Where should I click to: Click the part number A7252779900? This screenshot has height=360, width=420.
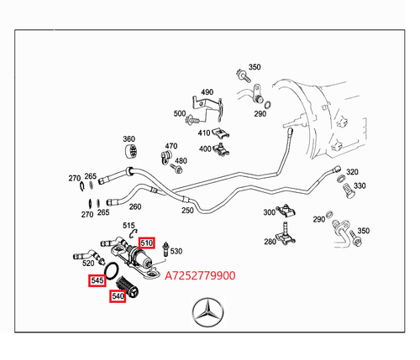click(x=200, y=274)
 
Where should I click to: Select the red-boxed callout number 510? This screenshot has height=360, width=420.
click(x=147, y=243)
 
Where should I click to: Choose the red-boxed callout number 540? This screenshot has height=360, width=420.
click(x=117, y=295)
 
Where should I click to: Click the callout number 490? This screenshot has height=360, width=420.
click(x=207, y=92)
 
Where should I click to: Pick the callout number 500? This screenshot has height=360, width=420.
click(x=180, y=113)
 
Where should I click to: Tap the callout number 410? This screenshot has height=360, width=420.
click(x=204, y=133)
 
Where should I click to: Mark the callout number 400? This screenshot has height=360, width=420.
click(x=204, y=149)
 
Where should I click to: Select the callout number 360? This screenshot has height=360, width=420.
click(x=129, y=139)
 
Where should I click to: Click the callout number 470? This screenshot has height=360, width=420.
click(x=171, y=146)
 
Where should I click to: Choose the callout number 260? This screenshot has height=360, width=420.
click(x=135, y=206)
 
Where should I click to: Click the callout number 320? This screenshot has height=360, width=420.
click(x=352, y=171)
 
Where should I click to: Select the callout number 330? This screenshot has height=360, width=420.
click(x=360, y=185)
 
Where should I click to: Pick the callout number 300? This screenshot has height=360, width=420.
click(x=269, y=212)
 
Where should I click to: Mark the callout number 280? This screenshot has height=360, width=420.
click(x=269, y=242)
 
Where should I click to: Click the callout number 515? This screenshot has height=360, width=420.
click(x=129, y=226)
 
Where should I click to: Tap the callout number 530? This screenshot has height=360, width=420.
click(x=176, y=251)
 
